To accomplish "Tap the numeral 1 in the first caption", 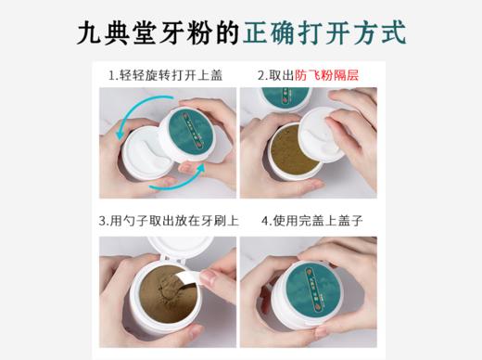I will coord(111,74).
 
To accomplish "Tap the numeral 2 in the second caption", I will coord(261,74).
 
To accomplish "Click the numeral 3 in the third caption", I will coord(104,223).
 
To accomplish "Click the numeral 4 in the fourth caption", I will coord(265,223).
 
